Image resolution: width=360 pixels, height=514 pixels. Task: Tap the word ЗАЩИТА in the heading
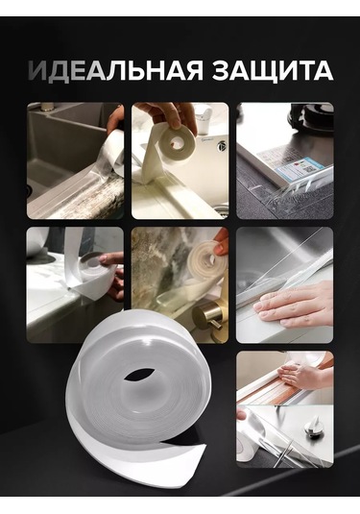273,71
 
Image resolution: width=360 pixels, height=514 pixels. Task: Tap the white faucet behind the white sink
205,122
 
